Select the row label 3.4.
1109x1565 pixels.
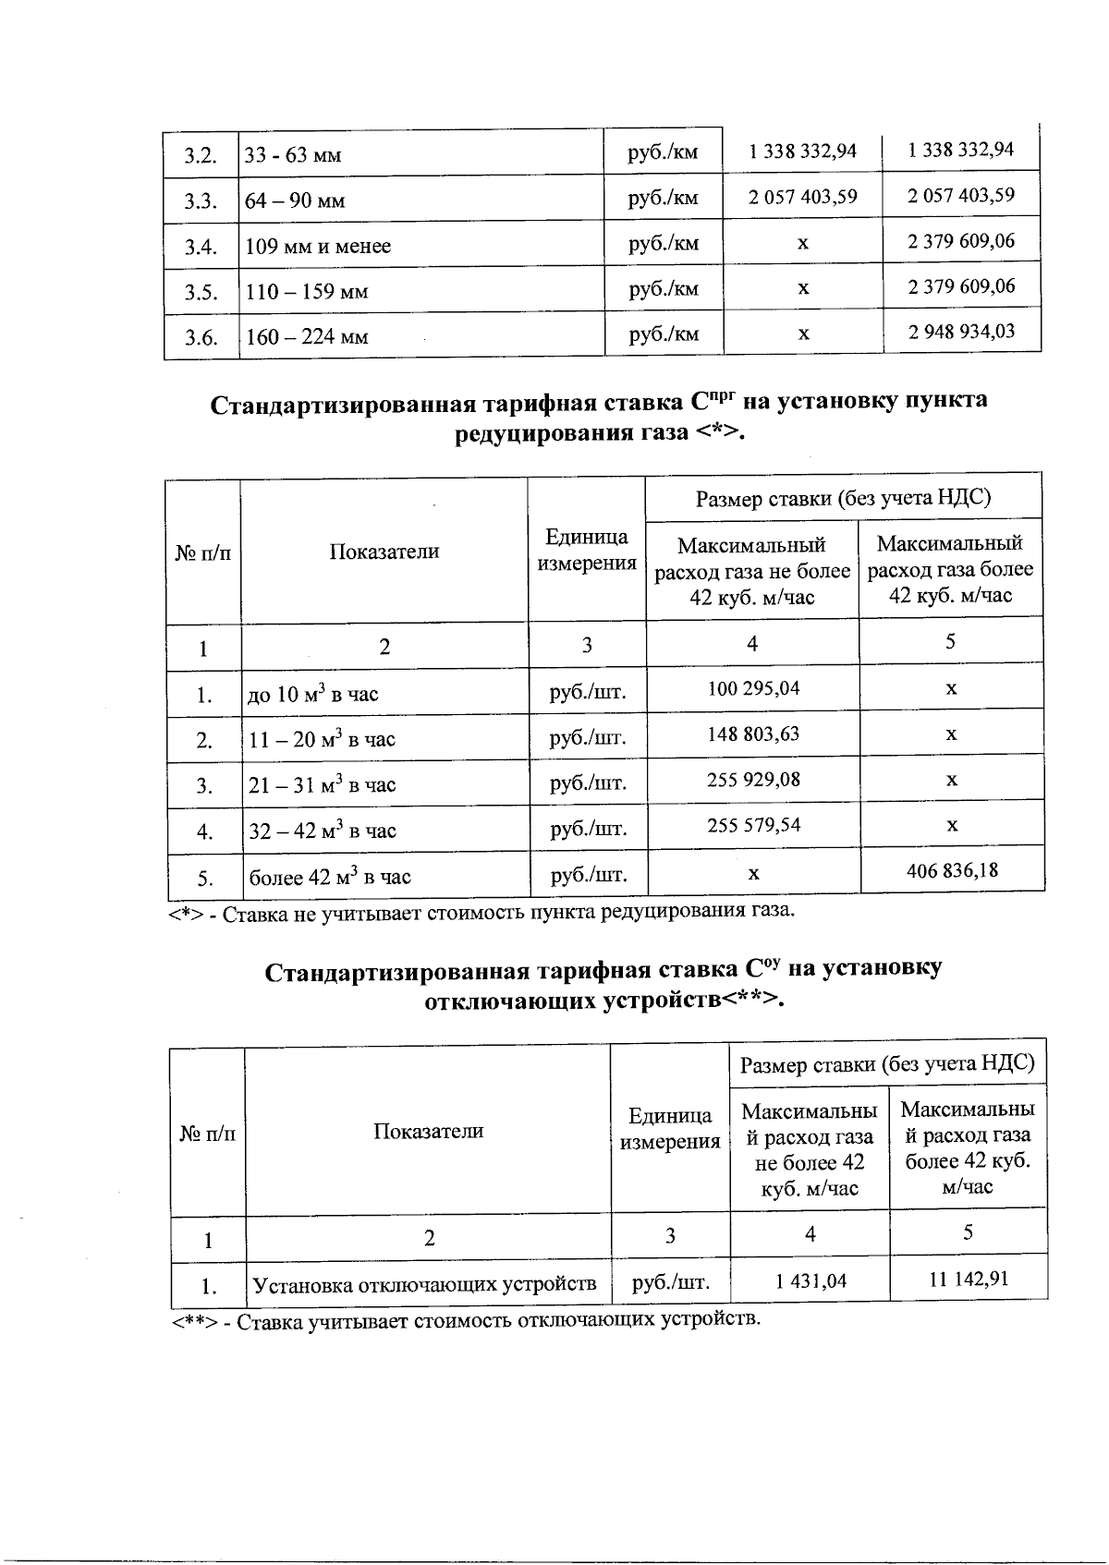(x=200, y=247)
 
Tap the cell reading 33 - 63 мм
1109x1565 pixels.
(x=293, y=155)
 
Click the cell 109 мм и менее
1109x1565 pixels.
(x=318, y=247)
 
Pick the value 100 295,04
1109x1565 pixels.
(x=752, y=688)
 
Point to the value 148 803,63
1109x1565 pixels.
(x=752, y=734)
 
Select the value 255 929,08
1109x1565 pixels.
(x=752, y=780)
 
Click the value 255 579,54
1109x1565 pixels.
(x=752, y=825)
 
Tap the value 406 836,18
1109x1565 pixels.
(x=952, y=869)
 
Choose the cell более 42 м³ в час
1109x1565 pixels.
(x=330, y=877)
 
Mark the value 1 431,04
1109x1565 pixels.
(x=810, y=1280)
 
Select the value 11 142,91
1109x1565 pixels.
(x=968, y=1279)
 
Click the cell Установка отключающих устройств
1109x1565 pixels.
(x=425, y=1285)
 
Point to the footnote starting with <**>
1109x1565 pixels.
(x=467, y=1320)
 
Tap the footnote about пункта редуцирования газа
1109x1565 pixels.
(x=481, y=912)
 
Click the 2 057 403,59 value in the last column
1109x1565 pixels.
(x=961, y=195)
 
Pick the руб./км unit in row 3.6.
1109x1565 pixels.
(x=664, y=334)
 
